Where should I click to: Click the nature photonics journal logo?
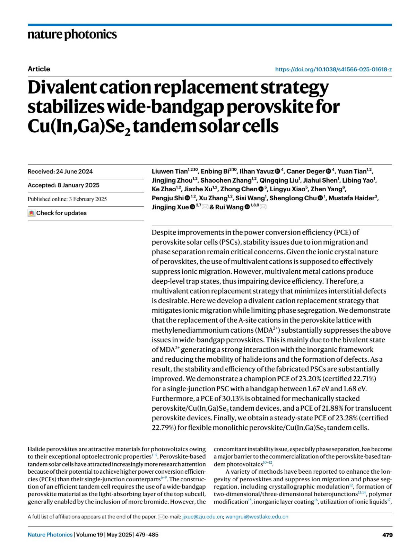click(72, 34)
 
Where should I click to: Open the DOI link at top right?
click(333, 69)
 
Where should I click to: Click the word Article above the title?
click(39, 69)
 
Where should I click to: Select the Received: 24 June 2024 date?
click(60, 172)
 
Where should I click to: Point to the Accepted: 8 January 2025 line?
click(63, 185)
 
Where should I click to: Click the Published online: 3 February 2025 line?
click(67, 199)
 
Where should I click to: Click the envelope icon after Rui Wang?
click(263, 207)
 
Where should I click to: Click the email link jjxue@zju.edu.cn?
click(202, 517)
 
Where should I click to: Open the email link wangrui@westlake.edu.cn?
click(257, 517)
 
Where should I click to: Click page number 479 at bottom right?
click(388, 535)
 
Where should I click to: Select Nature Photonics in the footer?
click(50, 535)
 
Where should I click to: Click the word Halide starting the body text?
click(36, 449)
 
